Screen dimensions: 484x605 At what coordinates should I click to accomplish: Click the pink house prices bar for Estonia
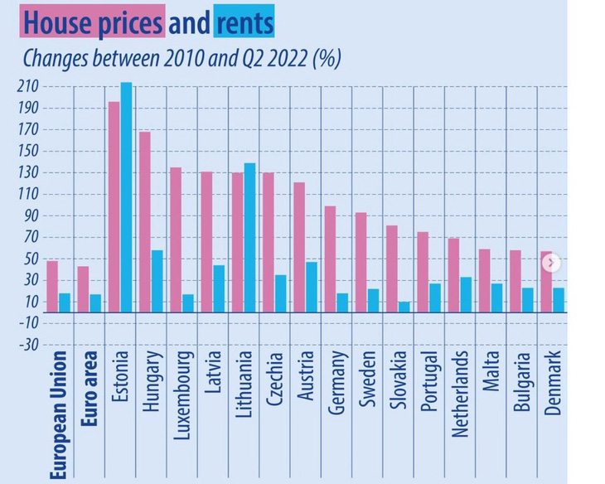pos(114,206)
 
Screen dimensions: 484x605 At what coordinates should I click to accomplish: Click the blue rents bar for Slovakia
pos(404,307)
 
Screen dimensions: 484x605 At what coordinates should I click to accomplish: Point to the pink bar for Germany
pos(330,259)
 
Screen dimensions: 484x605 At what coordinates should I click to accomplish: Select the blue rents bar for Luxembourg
pos(187,303)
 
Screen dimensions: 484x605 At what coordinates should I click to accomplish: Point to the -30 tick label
pos(27,345)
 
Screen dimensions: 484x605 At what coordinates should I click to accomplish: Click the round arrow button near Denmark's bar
pos(551,264)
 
